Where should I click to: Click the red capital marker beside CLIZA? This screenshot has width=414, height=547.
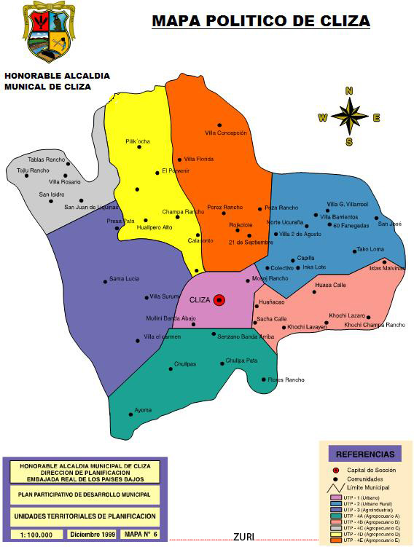point(219,300)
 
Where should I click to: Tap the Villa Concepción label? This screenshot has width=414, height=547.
point(226,133)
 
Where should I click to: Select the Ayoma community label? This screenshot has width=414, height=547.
point(144,410)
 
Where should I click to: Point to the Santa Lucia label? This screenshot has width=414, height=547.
point(124,279)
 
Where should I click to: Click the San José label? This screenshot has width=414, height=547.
point(389,224)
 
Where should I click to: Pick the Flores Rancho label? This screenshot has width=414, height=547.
point(286,379)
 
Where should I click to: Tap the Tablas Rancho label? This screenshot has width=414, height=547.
point(46,160)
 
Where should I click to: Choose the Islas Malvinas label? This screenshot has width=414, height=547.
point(387,268)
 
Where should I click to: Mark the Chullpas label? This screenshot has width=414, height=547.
point(185,363)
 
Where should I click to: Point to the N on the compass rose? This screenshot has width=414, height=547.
point(349,91)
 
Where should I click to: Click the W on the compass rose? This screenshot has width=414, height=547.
point(322,117)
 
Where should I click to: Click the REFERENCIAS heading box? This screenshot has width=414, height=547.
point(365,454)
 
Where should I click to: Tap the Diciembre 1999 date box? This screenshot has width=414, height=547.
point(93,535)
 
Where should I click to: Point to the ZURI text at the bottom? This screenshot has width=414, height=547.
point(243,538)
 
